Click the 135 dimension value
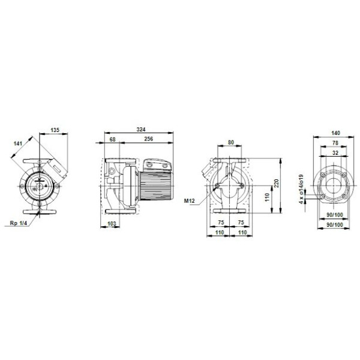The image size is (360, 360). point(55,130)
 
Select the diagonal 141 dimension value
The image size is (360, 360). point(18,143)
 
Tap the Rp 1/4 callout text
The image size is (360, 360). point(19,223)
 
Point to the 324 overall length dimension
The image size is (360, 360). point(141,130)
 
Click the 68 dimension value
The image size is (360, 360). point(113,139)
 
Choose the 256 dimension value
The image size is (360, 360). point(149,139)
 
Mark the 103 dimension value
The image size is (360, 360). point(112,224)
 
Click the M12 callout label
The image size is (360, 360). point(190,201)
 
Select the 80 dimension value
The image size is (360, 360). point(231,142)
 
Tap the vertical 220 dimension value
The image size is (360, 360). point(276,183)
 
